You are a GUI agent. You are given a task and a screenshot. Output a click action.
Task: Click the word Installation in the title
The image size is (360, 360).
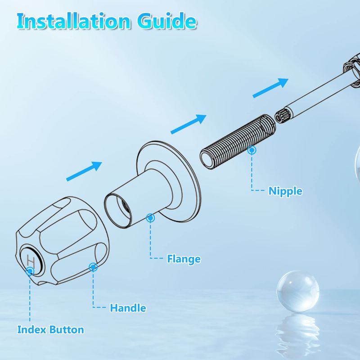coord(73,21)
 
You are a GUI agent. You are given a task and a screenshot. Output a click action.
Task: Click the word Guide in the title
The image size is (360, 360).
coord(167,21)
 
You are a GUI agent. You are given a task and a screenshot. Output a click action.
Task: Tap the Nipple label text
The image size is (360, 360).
coord(285,191)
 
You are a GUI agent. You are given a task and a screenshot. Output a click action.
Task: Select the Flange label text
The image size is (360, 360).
coord(184,259)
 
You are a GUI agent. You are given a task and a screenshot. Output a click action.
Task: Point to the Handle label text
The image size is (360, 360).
coord(128,308)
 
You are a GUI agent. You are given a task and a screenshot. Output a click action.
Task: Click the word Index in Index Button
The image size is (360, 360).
coord(31,330)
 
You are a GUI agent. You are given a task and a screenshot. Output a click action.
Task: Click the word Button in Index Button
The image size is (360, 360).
coord(67,330)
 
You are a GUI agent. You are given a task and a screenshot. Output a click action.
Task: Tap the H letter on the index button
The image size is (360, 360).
coord(31,261)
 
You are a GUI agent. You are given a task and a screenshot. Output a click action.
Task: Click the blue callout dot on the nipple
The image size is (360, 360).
coord(252,150)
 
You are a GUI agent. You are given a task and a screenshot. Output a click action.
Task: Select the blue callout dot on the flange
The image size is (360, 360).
coord(150,218)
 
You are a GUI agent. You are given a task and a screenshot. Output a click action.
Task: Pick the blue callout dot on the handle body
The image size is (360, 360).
coord(93,267)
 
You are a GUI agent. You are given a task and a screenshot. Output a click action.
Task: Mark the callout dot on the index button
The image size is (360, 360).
coord(30,271)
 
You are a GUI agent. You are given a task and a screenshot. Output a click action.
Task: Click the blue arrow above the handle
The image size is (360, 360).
coord(84,171)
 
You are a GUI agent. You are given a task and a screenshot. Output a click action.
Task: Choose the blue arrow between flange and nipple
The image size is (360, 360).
coord(189,124)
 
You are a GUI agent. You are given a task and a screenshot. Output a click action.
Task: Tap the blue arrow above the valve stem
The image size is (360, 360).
coord(270,88)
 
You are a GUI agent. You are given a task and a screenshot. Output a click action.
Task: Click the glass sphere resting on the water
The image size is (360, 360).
coord(298,291)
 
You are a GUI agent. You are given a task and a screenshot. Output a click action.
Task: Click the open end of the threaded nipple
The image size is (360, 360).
coord(207,159)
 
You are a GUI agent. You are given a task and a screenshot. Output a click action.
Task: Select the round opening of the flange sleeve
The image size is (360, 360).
coord(117,211)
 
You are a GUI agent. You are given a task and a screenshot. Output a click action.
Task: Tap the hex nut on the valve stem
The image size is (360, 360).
coord(352,70)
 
